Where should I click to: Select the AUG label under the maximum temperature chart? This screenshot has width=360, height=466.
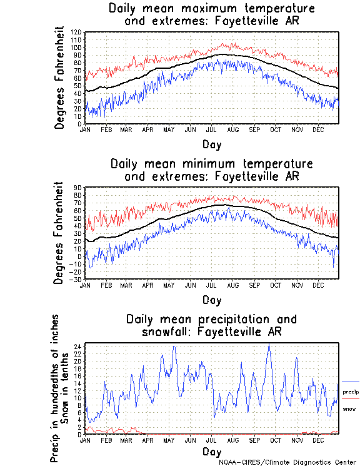coord(233,129)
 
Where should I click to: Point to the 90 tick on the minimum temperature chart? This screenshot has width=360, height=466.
coord(79,187)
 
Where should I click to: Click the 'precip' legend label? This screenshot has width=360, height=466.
coord(351,391)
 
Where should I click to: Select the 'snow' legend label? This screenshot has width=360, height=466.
coord(349,408)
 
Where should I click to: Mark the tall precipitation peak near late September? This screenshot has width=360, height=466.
coord(269,345)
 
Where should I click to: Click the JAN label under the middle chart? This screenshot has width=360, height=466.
coord(86,285)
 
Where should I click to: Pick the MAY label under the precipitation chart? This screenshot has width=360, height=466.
coord(169,440)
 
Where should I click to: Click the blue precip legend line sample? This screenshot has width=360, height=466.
coord(351,382)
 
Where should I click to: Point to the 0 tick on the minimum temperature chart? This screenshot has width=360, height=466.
coord(80,256)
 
